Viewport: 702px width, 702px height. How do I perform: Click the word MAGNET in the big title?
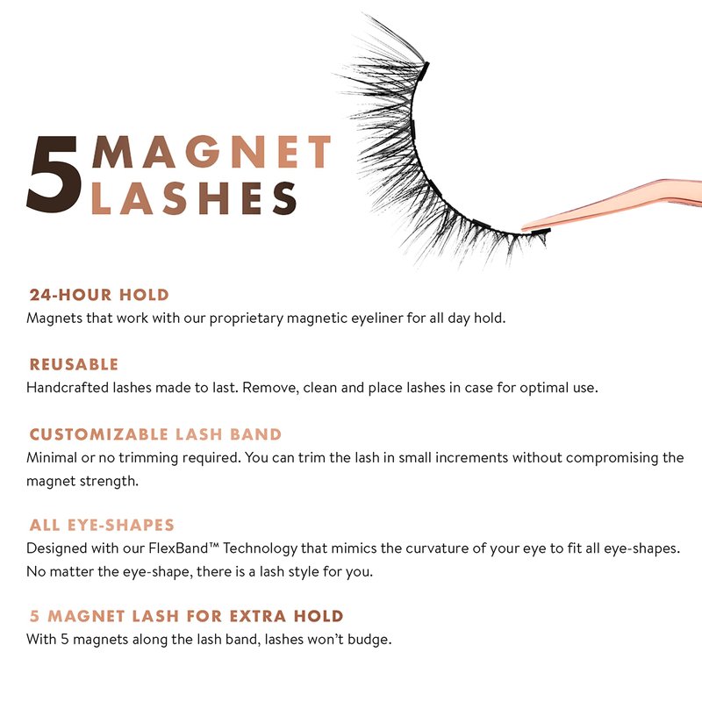click(x=211, y=152)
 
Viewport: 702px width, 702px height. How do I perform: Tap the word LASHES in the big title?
click(x=194, y=198)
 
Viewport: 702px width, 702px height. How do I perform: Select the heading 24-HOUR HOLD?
click(x=99, y=295)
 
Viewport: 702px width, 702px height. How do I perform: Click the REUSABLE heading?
click(x=74, y=364)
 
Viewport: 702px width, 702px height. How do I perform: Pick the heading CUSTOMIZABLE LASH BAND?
click(x=155, y=433)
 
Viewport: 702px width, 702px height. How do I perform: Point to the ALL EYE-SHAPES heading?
click(x=102, y=525)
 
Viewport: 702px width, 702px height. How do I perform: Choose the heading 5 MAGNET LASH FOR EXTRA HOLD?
click(x=186, y=616)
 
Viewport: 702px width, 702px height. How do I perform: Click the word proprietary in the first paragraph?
click(x=247, y=319)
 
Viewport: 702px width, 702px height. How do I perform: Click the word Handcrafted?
click(x=68, y=387)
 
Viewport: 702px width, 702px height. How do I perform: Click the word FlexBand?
click(x=183, y=548)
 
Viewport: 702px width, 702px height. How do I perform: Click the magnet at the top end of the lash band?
click(x=425, y=71)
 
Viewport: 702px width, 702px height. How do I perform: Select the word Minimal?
click(x=52, y=457)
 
